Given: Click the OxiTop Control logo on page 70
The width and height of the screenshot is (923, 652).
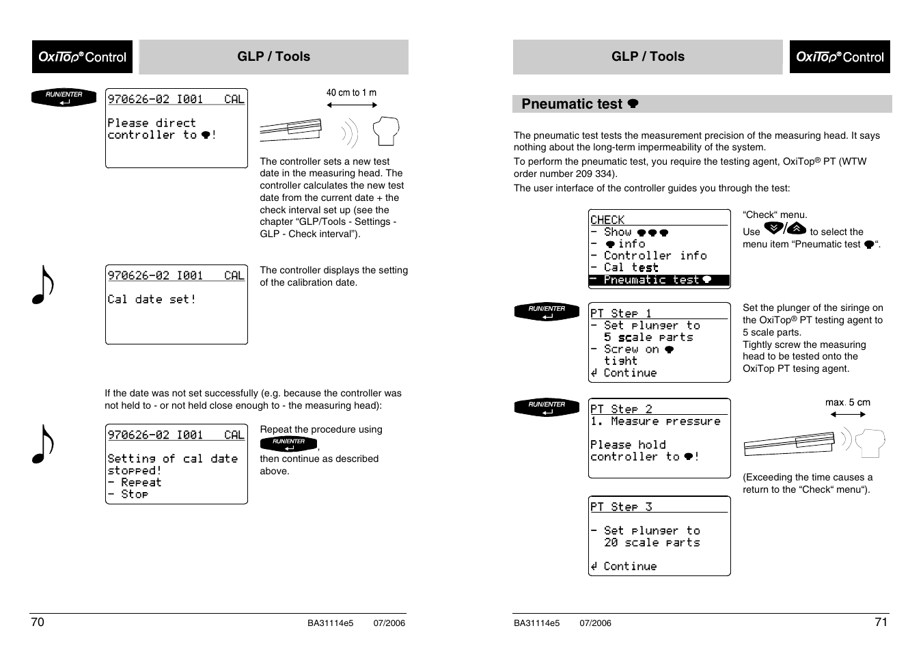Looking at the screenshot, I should point(82,57).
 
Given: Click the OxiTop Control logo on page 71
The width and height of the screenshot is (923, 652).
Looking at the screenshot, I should point(840,57).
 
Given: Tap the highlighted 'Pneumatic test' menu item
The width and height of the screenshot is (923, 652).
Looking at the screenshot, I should point(659,280).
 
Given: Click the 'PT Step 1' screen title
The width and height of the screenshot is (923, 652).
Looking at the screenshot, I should point(621,313).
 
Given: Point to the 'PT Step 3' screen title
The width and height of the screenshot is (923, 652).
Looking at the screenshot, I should point(621,506).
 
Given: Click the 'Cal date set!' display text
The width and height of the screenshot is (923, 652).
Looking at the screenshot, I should point(152,299).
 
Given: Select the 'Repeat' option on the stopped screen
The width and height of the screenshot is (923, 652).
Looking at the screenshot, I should point(141,483).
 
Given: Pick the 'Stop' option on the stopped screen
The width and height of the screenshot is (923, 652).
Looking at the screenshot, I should point(134,494).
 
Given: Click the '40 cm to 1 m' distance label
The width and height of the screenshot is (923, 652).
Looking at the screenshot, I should point(351,93).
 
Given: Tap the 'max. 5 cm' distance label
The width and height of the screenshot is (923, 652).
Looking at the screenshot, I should point(847,403).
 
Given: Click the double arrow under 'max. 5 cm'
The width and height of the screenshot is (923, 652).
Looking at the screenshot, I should point(848,414).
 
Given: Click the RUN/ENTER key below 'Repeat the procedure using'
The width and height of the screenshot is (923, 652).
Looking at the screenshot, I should point(288,444).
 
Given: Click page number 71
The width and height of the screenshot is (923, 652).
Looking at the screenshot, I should point(881,622).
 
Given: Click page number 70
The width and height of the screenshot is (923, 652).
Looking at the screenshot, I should point(38,622).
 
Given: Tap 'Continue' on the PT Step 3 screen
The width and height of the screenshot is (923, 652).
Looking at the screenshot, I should point(629,567).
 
